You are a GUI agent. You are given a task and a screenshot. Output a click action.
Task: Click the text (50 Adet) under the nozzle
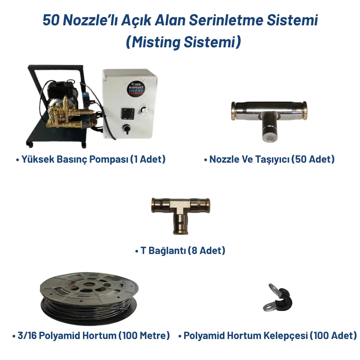(313, 159)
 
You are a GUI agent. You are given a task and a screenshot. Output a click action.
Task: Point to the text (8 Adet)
(207, 251)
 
